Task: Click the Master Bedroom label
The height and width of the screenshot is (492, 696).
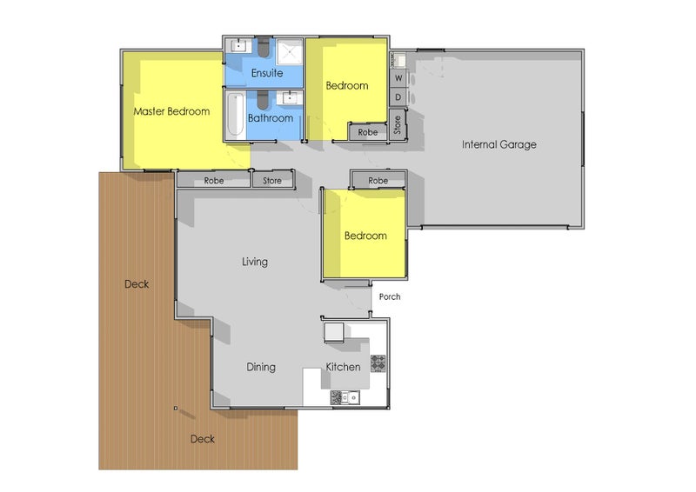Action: tap(171, 111)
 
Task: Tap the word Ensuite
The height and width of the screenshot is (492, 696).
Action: tap(267, 73)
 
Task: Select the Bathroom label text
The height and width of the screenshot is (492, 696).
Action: tap(270, 117)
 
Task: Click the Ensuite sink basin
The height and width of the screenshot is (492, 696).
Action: tap(240, 45)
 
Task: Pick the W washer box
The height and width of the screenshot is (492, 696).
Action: tap(398, 78)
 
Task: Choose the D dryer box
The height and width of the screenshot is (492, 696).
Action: tap(398, 97)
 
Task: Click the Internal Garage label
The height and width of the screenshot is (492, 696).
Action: tap(499, 144)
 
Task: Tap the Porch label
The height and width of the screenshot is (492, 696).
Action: tap(390, 296)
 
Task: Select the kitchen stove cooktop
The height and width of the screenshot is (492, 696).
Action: tap(378, 362)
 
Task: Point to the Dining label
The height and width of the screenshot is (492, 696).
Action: tap(260, 367)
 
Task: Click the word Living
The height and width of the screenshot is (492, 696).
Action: tap(255, 262)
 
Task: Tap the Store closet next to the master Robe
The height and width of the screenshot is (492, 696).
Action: tap(272, 181)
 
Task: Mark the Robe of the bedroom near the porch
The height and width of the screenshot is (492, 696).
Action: tap(378, 181)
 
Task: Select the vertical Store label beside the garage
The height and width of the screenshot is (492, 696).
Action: tap(398, 125)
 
